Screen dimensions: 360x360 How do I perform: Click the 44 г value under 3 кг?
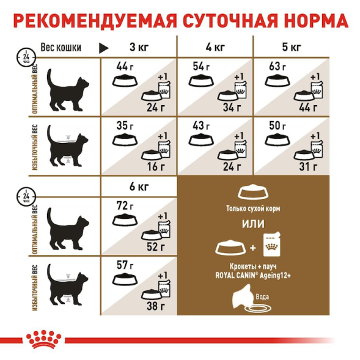pos(125,66)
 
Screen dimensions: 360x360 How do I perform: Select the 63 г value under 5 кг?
pos(278,66)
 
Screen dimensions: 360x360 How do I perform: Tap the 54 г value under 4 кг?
pos(201,66)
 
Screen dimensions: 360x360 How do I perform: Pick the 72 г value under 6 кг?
pos(125,205)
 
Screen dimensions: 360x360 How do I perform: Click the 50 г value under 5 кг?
pos(278,126)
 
